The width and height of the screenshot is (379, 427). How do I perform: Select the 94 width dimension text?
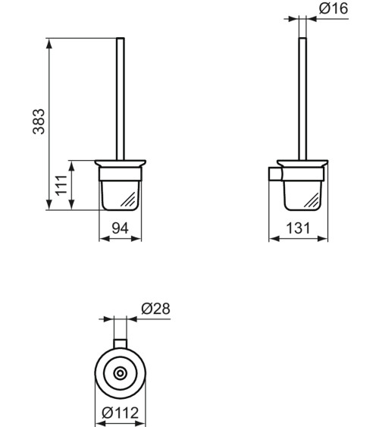121,227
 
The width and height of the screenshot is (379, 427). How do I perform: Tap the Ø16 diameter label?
334,9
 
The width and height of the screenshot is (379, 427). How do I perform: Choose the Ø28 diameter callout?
155,309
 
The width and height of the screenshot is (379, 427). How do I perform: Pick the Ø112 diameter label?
121,413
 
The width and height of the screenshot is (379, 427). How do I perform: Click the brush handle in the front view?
121,99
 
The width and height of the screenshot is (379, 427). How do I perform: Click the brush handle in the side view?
303,99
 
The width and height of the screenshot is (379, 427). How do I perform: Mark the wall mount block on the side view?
274,175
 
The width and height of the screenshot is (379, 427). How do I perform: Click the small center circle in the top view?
120,374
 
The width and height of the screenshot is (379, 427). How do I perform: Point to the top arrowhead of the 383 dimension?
50,42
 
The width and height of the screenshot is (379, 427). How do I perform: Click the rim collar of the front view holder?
121,165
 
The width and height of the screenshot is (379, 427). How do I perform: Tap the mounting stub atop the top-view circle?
120,343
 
